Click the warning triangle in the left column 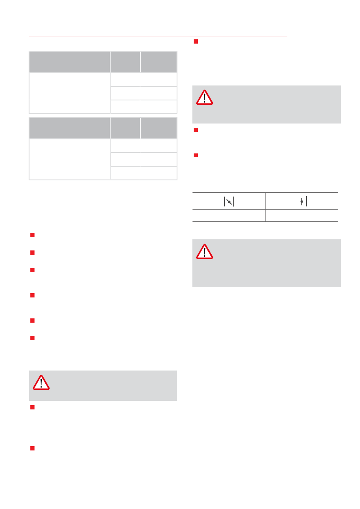pos(41,382)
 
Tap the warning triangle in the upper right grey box pos(204,97)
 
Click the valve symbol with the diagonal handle pos(229,201)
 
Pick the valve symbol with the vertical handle pos(301,201)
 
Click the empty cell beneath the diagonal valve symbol pos(229,215)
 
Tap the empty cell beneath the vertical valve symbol pos(301,215)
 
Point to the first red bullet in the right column pos(195,41)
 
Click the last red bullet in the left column pos(32,448)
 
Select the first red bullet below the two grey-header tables pos(32,235)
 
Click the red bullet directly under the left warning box pos(32,408)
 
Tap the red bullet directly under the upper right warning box pos(195,130)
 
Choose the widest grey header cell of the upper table pos(69,62)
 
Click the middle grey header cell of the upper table pos(125,62)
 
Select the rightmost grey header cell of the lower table pos(159,128)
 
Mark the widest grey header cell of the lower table pos(69,128)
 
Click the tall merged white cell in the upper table pos(69,93)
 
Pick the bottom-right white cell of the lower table pos(159,173)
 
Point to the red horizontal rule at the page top pos(158,36)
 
